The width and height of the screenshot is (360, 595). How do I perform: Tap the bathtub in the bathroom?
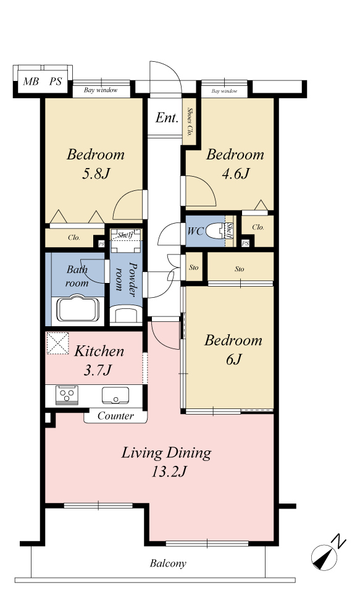[x=78, y=309]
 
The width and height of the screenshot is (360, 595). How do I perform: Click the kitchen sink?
[x=115, y=395]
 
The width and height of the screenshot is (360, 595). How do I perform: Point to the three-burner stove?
[x=67, y=395]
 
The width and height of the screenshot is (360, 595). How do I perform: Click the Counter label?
[x=115, y=416]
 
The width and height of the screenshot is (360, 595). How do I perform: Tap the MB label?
[x=31, y=81]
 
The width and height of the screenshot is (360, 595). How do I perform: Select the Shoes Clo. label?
[x=190, y=122]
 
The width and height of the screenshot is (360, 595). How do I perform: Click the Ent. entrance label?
[x=167, y=117]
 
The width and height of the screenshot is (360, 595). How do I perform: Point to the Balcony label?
[x=168, y=563]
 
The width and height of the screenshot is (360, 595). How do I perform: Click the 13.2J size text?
[x=169, y=471]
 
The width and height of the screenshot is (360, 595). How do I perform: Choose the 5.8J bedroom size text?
[x=96, y=174]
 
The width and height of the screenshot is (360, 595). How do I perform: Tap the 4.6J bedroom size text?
[x=235, y=174]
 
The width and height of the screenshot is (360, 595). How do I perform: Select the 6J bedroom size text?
[x=233, y=359]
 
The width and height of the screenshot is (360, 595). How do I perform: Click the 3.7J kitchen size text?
[x=98, y=369]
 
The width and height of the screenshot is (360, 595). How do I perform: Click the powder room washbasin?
[x=125, y=315]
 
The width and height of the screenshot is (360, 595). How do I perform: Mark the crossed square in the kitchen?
[x=57, y=344]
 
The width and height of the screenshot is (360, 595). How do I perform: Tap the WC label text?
[x=196, y=230]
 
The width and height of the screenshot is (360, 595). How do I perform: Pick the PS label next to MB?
[x=56, y=81]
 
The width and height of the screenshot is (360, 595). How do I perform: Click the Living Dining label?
[x=166, y=453]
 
